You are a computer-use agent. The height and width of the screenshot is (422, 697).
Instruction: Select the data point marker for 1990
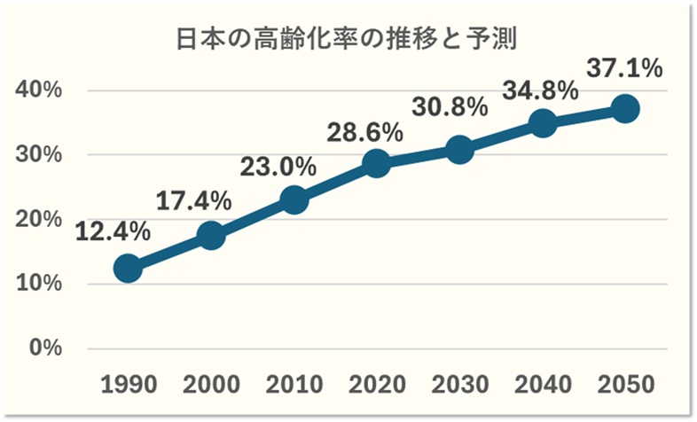(128, 268)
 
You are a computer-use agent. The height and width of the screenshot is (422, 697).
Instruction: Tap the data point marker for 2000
(211, 235)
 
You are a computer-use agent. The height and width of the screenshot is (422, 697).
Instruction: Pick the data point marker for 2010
(294, 199)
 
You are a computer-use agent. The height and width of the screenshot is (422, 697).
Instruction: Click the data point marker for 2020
(376, 163)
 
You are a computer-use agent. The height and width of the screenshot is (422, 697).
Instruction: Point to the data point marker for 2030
(459, 149)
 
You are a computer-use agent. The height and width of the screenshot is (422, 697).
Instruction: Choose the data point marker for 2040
(542, 123)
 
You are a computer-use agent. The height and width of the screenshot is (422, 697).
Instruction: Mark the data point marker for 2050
(625, 109)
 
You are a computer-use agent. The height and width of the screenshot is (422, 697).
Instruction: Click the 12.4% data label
(112, 232)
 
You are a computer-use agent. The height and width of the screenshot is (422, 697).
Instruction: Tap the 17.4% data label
(194, 199)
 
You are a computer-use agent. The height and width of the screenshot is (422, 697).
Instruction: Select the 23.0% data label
(278, 165)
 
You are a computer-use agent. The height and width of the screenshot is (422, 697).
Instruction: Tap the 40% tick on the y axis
(39, 90)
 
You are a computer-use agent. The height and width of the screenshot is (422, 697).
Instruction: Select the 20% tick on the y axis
(39, 219)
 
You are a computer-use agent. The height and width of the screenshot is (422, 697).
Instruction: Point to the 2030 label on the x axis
(459, 385)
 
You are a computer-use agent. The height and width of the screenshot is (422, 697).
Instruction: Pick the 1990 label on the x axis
(129, 385)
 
